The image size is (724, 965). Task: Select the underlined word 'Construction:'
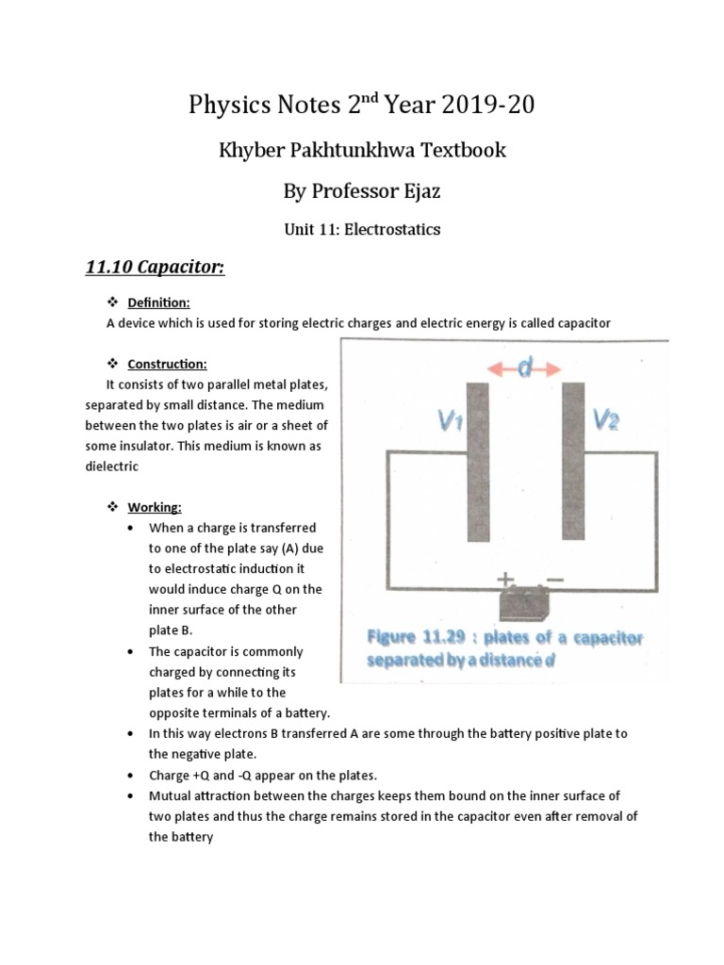tap(167, 364)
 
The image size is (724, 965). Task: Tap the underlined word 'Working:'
tap(155, 507)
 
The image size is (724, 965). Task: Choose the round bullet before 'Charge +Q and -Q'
tap(129, 775)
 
